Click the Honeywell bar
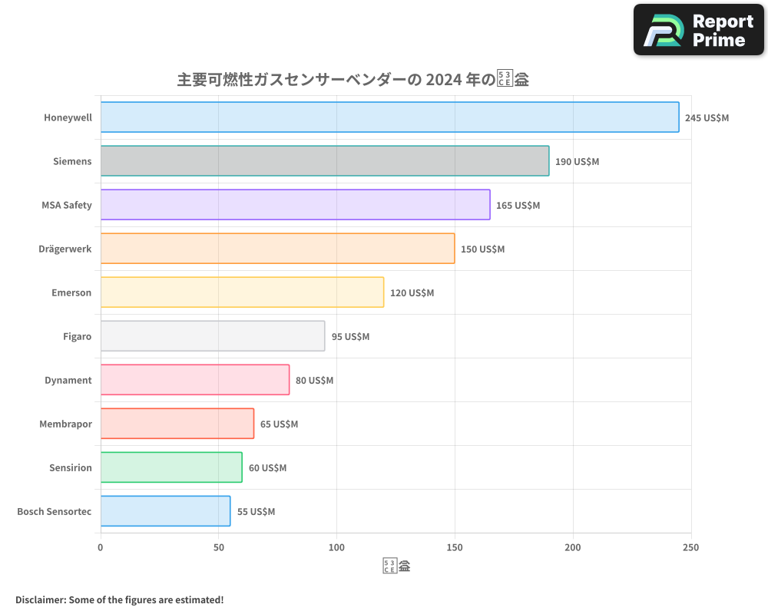389,117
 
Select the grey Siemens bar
324,161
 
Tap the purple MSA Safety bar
295,205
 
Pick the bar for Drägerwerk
277,249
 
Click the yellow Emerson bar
242,292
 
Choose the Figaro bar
212,336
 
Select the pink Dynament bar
194,380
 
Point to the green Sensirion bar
170,467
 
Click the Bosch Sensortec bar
165,511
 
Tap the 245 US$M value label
707,118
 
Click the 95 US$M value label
350,337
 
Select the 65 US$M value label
279,424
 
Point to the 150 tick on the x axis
455,547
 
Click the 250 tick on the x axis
690,547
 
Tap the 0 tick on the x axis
101,547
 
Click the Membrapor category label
65,424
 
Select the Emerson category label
71,293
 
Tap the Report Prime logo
699,30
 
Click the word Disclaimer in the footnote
40,599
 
